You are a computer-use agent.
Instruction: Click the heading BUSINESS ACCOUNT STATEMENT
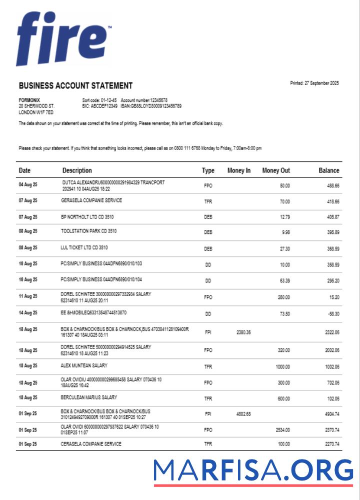coord(75,85)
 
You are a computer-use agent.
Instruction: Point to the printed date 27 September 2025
coord(314,83)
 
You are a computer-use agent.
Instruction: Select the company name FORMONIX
coord(29,100)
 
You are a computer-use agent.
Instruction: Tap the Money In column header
coord(239,170)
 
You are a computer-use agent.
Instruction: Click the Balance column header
coord(328,170)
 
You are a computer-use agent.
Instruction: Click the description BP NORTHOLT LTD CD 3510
coord(88,217)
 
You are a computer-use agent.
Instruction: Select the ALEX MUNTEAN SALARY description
coord(84,365)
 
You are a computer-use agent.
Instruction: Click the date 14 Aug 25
coord(28,313)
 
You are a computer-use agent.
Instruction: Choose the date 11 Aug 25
coord(28,297)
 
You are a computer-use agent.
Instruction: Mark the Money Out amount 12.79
coord(283,217)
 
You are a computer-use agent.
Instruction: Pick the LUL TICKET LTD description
coord(85,247)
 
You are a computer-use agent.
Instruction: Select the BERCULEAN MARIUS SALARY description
coord(89,397)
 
